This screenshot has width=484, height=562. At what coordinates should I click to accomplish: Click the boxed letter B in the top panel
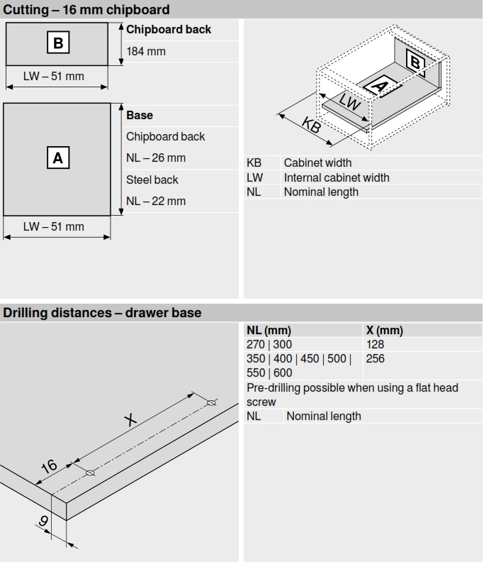(58, 43)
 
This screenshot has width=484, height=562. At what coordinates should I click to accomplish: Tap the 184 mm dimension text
(146, 52)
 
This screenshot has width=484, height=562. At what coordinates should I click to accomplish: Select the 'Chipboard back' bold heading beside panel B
(169, 30)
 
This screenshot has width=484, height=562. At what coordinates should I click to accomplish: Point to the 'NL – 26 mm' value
(156, 158)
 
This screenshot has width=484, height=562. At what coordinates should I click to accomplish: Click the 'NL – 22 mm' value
(156, 201)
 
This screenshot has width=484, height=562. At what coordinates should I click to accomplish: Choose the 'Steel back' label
(152, 180)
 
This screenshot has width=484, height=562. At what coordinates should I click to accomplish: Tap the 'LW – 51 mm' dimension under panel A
(54, 226)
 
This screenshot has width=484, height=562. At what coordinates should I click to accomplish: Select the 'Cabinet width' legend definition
(317, 163)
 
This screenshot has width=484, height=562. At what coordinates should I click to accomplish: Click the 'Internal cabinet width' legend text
(337, 177)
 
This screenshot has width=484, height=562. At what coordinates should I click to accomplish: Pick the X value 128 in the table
(376, 344)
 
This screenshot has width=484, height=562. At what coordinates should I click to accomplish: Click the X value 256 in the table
(376, 358)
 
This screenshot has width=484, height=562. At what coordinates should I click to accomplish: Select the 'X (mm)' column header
(384, 331)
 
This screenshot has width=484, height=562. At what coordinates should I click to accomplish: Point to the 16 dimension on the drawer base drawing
(48, 466)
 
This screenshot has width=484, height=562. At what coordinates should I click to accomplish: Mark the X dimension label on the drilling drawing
(130, 419)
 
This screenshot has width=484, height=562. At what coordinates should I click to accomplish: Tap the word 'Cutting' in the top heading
(26, 10)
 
